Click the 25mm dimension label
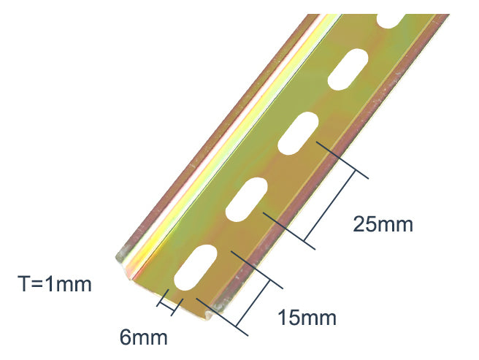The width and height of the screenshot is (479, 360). tap(383, 224)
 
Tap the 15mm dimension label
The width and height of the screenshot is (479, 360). tap(306, 318)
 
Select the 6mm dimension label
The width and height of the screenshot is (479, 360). tap(144, 338)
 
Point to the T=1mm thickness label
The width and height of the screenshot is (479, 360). tap(55, 283)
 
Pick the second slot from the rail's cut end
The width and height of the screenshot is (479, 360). tap(246, 199)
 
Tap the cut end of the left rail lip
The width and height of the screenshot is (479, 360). tap(125, 256)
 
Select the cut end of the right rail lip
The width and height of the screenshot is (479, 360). tap(217, 310)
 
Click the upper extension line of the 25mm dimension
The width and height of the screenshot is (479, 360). tap(342, 160)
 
